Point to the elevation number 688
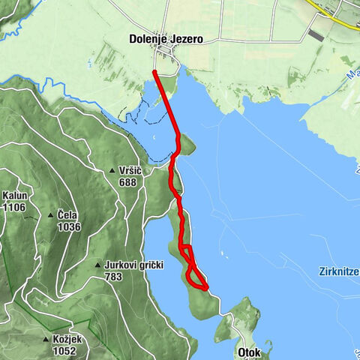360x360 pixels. coord(128,181)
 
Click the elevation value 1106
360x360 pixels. coord(14,206)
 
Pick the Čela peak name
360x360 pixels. coord(68,214)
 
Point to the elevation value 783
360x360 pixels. coord(113,276)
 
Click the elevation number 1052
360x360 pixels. coord(64,350)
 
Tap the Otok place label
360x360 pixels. coord(249,351)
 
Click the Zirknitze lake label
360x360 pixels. coord(333,271)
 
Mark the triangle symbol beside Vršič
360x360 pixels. coord(111,171)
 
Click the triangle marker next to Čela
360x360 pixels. coord(50,214)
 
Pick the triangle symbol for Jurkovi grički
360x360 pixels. coord(97,265)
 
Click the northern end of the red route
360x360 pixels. coord(154,71)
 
